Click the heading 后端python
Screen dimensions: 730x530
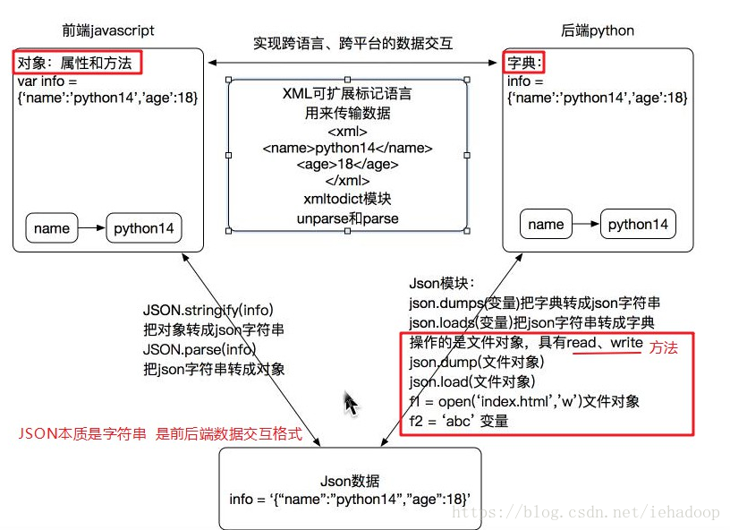coord(598,30)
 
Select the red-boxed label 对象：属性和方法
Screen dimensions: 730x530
coord(78,63)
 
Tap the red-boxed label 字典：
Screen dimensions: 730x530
coord(525,63)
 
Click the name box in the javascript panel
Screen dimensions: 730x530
coord(52,228)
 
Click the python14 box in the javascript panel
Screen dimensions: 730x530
coord(143,228)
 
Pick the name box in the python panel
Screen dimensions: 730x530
coord(546,224)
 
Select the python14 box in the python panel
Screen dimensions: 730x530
coord(638,224)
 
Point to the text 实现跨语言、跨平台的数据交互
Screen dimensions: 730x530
coord(352,43)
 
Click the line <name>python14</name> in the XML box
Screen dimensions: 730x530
coord(348,148)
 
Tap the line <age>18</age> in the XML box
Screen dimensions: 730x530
coord(348,165)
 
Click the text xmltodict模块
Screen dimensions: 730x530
coord(347,199)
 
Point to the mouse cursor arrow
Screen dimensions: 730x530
coord(351,404)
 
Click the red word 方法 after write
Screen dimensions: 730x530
coord(663,347)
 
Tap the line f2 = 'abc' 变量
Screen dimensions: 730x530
coord(459,420)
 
